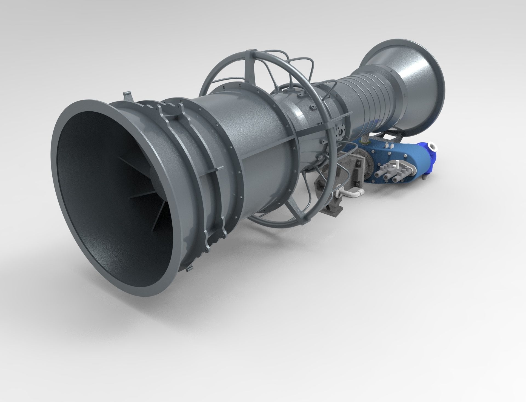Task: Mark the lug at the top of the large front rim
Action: pyautogui.click(x=127, y=96)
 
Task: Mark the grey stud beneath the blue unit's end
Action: pyautogui.click(x=425, y=178)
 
